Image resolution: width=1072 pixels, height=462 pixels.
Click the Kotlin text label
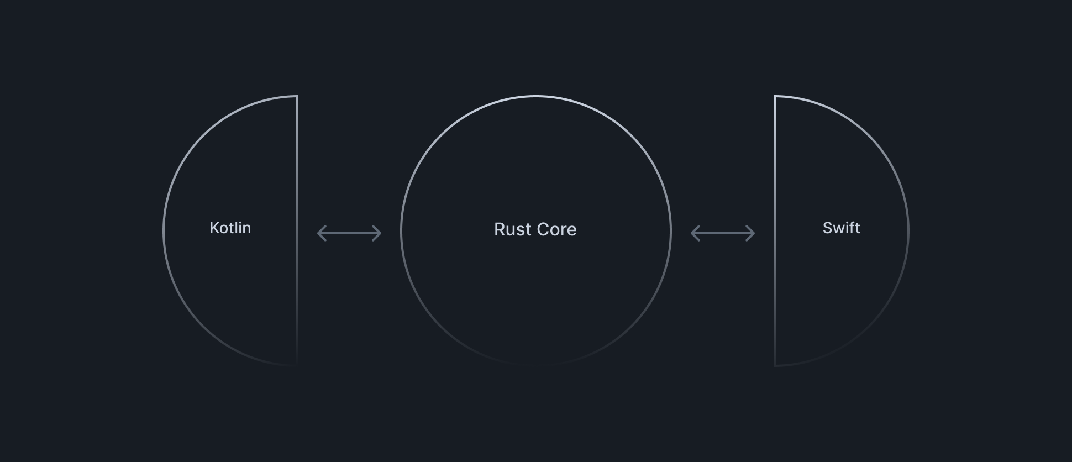(230, 228)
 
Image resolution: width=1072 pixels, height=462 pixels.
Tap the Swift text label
(842, 228)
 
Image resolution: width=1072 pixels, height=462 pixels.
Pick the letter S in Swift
(828, 228)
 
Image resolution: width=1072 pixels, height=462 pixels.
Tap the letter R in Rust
(500, 229)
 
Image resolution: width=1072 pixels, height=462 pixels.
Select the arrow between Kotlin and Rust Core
(349, 233)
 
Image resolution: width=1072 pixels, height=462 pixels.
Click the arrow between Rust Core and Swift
(723, 233)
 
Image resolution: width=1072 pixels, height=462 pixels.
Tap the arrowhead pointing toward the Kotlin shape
(321, 233)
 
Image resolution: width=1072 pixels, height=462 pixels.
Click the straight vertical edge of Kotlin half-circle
(297, 231)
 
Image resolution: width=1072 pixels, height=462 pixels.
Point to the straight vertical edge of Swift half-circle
(775, 231)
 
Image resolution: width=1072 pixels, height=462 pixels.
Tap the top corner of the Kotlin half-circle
(297, 96)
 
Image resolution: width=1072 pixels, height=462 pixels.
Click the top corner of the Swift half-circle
(775, 96)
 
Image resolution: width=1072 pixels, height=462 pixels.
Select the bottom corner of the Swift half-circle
(775, 365)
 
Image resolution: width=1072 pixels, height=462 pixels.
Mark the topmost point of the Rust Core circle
(536, 96)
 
